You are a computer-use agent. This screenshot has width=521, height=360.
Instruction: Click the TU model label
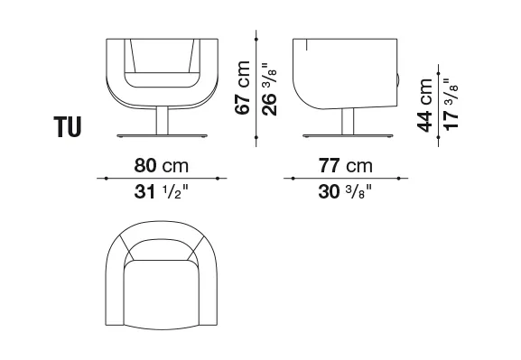pyautogui.click(x=68, y=127)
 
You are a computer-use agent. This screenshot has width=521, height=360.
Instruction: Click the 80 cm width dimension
pyautogui.click(x=162, y=165)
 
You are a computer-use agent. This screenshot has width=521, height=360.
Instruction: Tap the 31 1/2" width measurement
pyautogui.click(x=161, y=191)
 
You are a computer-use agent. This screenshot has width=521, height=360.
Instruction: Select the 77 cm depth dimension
pyautogui.click(x=346, y=165)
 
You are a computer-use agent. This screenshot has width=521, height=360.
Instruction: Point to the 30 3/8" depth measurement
pyautogui.click(x=345, y=191)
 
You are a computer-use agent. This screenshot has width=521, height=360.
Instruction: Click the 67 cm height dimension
pyautogui.click(x=243, y=88)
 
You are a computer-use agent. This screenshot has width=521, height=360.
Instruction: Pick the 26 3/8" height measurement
pyautogui.click(x=269, y=89)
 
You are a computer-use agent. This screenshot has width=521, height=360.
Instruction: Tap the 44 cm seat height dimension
pyautogui.click(x=425, y=106)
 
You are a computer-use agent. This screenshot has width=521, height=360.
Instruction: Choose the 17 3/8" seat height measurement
pyautogui.click(x=451, y=105)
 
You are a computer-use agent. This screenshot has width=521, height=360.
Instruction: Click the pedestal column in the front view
pyautogui.click(x=163, y=121)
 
